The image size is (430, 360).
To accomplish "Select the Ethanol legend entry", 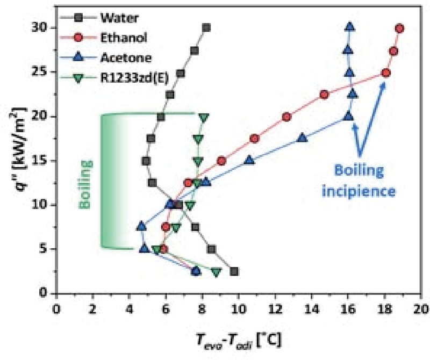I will pyautogui.click(x=121, y=38).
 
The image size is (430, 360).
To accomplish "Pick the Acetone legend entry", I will pyautogui.click(x=122, y=58).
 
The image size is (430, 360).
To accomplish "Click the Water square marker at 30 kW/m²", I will pyautogui.click(x=206, y=27).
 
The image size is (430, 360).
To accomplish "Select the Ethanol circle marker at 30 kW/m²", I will pyautogui.click(x=399, y=28).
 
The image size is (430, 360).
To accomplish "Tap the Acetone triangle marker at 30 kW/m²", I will pyautogui.click(x=350, y=26).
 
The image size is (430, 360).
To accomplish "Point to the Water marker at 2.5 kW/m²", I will pyautogui.click(x=234, y=271).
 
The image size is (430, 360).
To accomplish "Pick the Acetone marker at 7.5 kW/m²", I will pyautogui.click(x=141, y=226).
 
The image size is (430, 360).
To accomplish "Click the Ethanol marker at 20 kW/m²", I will pyautogui.click(x=286, y=117).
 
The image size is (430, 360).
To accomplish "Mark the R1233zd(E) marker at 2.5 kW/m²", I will pyautogui.click(x=216, y=272).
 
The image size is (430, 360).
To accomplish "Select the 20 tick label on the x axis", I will pyautogui.click(x=421, y=309).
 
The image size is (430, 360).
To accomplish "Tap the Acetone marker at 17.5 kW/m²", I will pyautogui.click(x=303, y=138).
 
